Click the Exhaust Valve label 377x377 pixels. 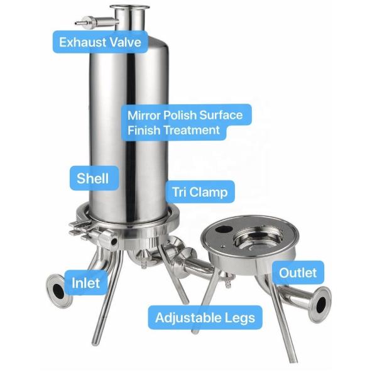(100, 42)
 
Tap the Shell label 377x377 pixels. (94, 178)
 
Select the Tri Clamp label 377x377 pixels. (200, 192)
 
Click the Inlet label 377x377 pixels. (86, 283)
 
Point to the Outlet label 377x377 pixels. (298, 273)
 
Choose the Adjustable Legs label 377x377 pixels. (205, 317)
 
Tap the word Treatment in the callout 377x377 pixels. (192, 130)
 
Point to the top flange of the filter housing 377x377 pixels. (129, 7)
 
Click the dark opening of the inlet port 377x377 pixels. (58, 291)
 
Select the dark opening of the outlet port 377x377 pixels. (321, 305)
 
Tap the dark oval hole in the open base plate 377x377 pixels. (224, 229)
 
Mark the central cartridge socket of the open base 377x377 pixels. (258, 238)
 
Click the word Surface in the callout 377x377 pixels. (221, 115)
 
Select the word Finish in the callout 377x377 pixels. (144, 130)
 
